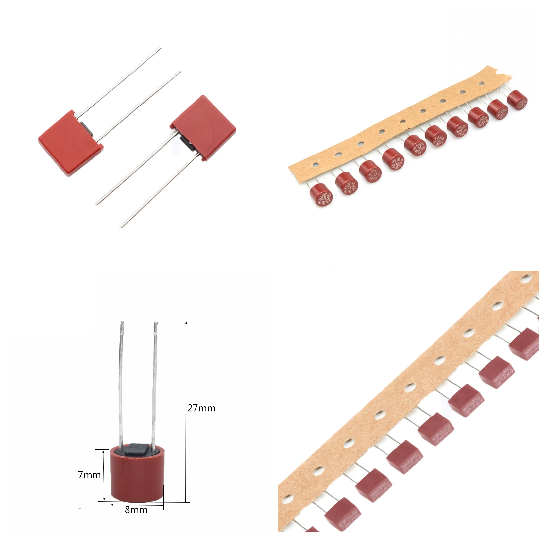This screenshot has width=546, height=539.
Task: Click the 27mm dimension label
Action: point(201,408)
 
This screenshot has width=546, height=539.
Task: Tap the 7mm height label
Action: point(89,475)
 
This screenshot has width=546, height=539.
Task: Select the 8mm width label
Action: point(136,510)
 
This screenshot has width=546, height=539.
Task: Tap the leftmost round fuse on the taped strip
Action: point(321,195)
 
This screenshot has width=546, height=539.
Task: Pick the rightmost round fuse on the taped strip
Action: point(517,100)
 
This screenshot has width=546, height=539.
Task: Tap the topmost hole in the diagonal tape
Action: point(525,279)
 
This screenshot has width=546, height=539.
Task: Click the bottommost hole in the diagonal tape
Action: point(287,499)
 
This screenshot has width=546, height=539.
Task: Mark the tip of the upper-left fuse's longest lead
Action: point(160,49)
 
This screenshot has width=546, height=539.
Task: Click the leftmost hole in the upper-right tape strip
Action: point(315,165)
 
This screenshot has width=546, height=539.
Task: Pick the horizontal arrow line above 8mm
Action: point(137,505)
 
